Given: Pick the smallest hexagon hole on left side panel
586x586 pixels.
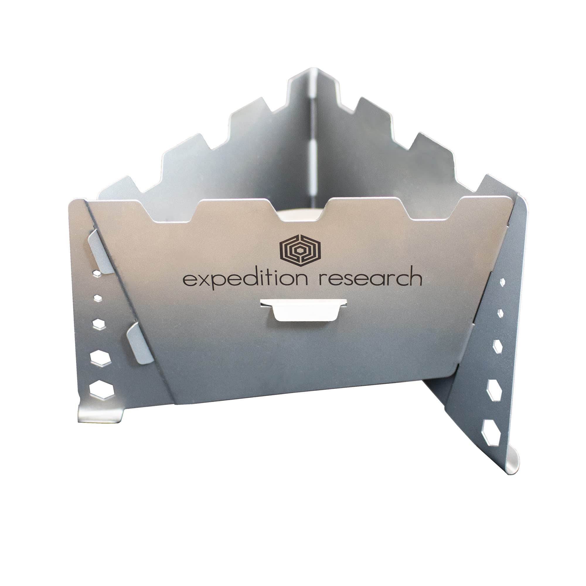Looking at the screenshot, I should coord(98,298).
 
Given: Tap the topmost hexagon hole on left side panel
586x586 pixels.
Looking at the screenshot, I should coord(97,274).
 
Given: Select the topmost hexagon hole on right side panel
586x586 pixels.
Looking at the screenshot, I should coord(502,282).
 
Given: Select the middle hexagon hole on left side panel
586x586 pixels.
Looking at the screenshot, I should coord(98,324).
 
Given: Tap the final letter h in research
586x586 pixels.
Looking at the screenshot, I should coord(414,276).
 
